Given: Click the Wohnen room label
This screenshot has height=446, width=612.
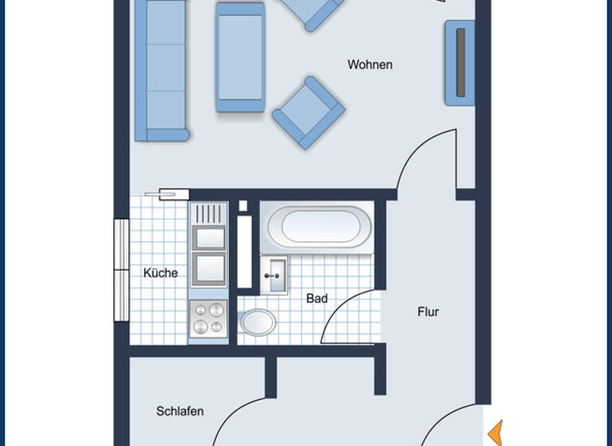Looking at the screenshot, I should click(x=370, y=65).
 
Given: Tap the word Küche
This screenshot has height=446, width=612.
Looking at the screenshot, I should click(x=160, y=272).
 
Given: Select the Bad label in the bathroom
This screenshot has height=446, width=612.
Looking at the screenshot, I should click(x=316, y=299).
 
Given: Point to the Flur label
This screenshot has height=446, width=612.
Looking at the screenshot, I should click(x=428, y=312).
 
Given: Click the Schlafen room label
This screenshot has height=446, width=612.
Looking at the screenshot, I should click(x=179, y=411).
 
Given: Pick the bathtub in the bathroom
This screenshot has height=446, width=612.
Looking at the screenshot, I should click(x=319, y=227).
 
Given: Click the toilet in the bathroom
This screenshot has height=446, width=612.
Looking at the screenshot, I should click(x=257, y=323).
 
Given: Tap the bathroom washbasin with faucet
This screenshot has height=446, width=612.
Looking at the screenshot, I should click(x=274, y=276).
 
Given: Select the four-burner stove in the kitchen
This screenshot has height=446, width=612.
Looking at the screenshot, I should click(x=209, y=318).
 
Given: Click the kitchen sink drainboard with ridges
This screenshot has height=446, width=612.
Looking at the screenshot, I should click(x=209, y=213).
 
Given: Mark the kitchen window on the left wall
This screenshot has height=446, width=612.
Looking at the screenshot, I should click(x=121, y=270).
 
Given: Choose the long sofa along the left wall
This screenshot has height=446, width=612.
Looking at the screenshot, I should click(x=160, y=69).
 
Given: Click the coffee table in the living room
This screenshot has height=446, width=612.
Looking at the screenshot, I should click(x=240, y=57).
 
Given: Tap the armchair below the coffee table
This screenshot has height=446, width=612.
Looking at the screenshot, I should click(x=308, y=113).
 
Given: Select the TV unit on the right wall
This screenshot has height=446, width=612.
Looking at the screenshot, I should click(x=460, y=63).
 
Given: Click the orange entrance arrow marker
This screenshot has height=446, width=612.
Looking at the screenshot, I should click(x=496, y=433).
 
